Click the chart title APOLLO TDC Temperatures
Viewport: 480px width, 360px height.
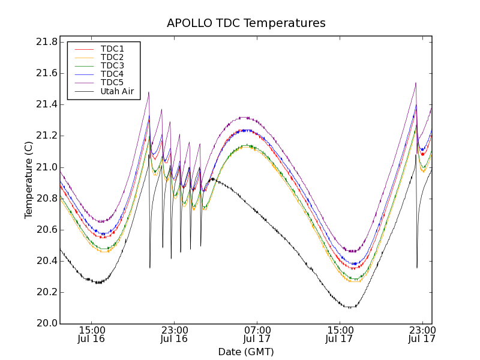pos(246,23)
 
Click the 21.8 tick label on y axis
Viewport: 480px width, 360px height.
pos(46,42)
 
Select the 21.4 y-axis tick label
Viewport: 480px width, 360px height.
pos(46,104)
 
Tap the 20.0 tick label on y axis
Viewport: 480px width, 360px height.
pos(46,323)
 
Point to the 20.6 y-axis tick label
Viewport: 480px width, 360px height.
pos(46,230)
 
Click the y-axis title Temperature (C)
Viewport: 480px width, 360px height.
pos(29,179)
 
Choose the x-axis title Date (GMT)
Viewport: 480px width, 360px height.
pos(246,352)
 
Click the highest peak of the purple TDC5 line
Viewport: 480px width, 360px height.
pos(416,83)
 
